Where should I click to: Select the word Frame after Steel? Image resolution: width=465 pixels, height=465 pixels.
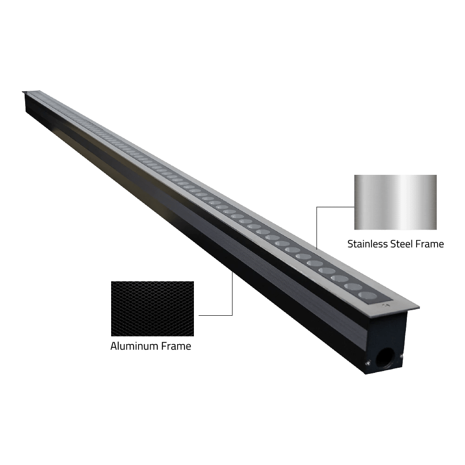pyautogui.click(x=429, y=244)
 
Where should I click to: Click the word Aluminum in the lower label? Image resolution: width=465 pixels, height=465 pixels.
pyautogui.click(x=134, y=346)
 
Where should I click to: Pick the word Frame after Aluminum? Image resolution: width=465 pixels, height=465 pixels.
pyautogui.click(x=176, y=346)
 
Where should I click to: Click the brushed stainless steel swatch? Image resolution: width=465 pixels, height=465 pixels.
pyautogui.click(x=395, y=202)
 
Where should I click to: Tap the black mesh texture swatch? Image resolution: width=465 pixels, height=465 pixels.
pyautogui.click(x=153, y=309)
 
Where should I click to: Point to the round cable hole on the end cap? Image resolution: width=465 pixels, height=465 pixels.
pyautogui.click(x=383, y=357)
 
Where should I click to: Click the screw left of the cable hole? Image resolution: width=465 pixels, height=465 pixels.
pyautogui.click(x=368, y=362)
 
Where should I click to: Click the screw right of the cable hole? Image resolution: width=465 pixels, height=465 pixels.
pyautogui.click(x=401, y=356)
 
